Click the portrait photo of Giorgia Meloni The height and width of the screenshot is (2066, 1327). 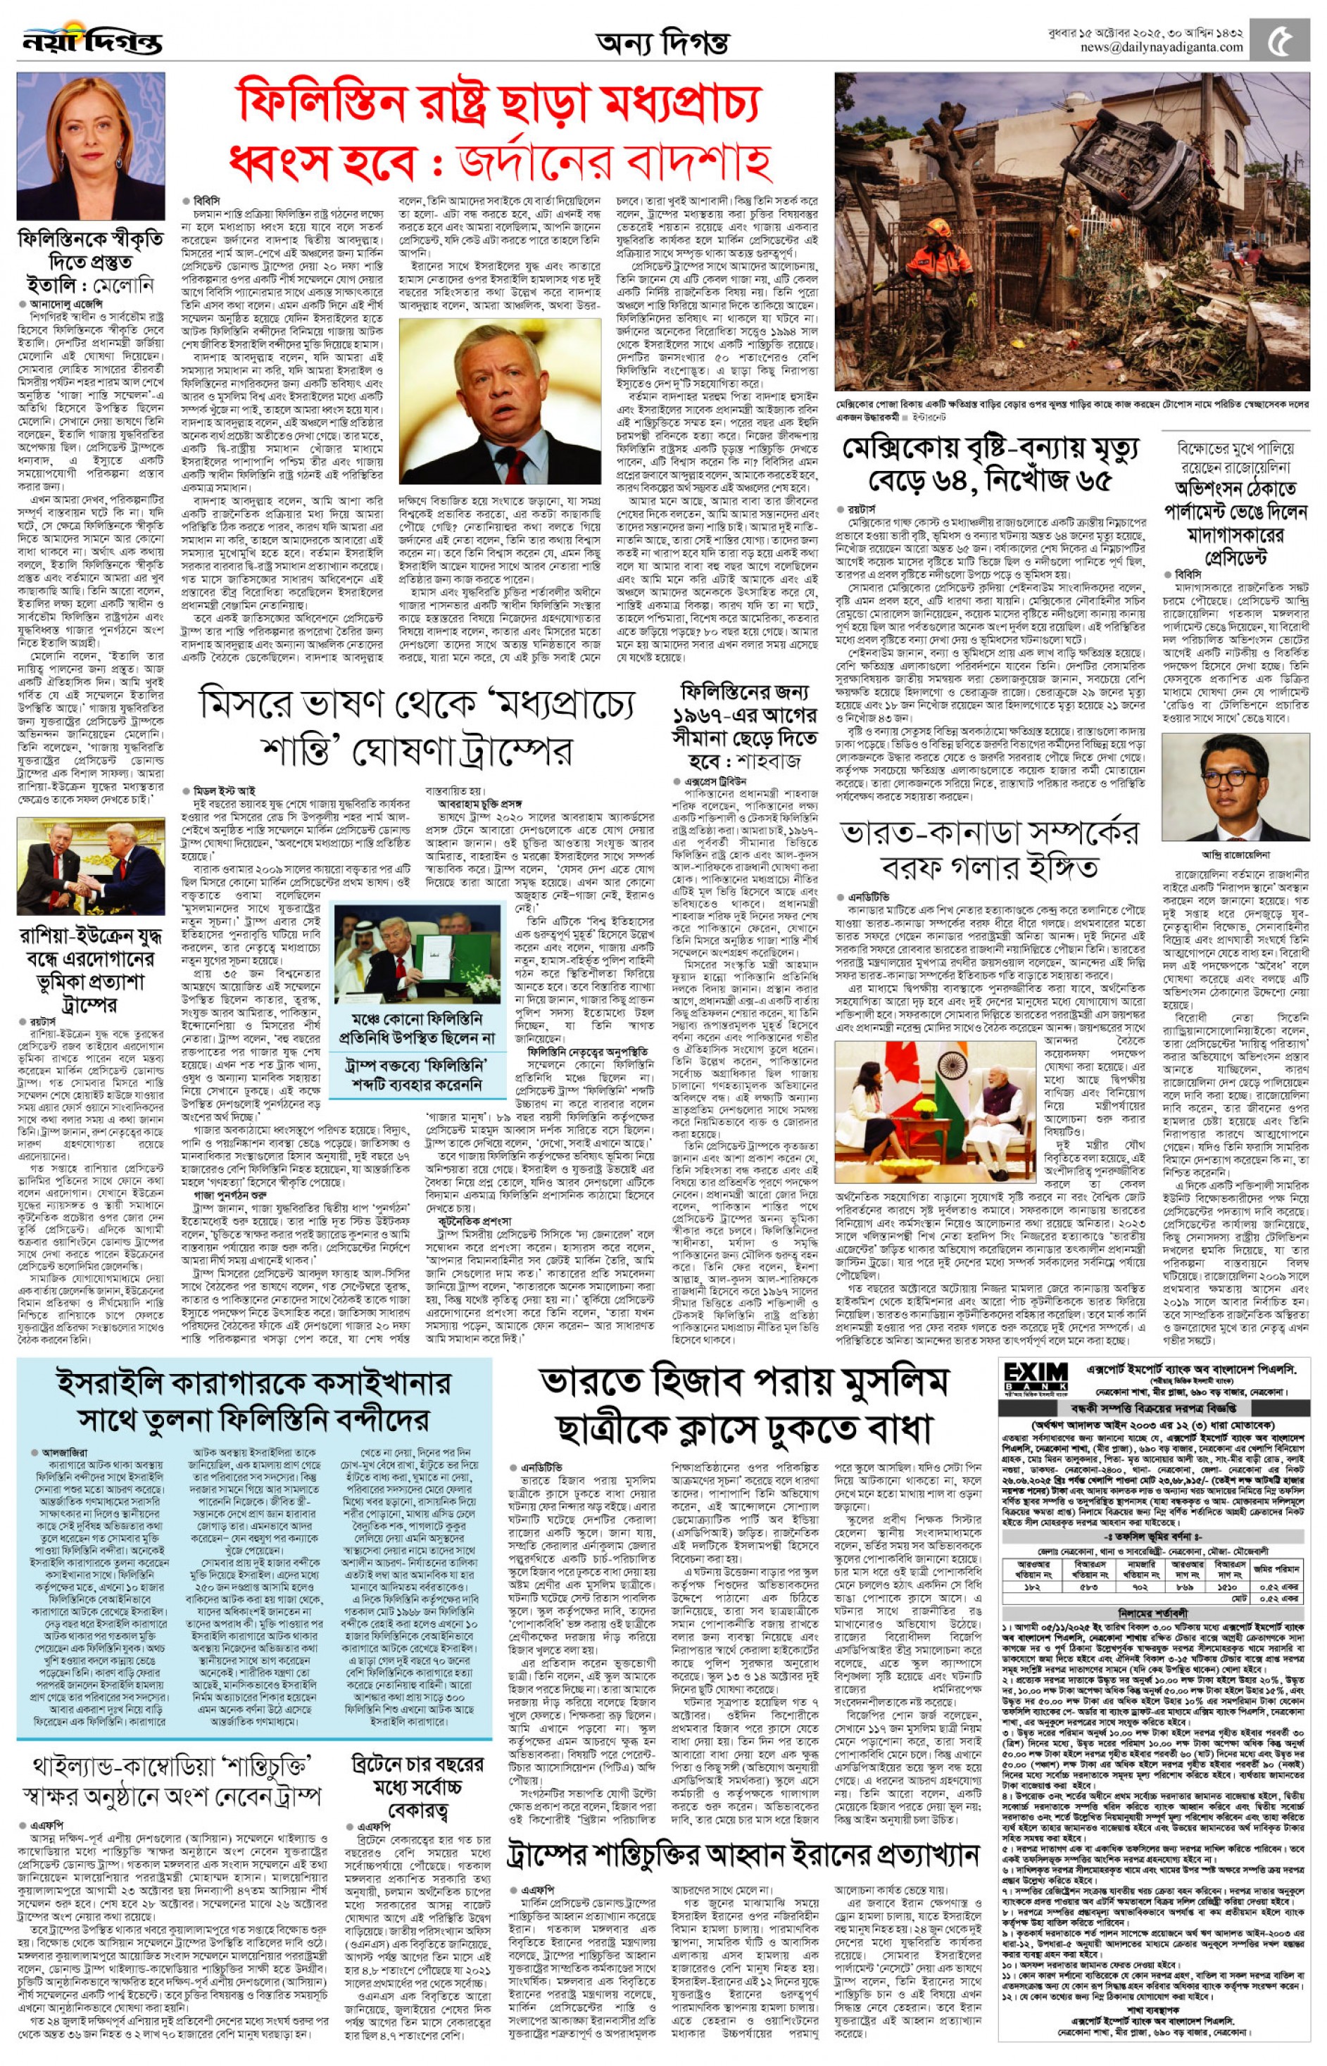pyautogui.click(x=91, y=146)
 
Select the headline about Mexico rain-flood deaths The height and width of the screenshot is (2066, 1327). pyautogui.click(x=991, y=465)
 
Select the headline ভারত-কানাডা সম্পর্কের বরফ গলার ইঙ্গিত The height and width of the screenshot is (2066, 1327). pyautogui.click(x=989, y=849)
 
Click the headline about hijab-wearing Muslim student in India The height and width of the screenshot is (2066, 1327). pyautogui.click(x=745, y=1405)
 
